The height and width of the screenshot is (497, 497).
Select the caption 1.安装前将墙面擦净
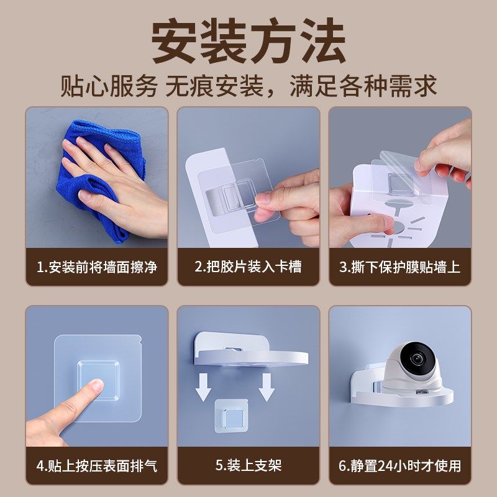tap(97, 267)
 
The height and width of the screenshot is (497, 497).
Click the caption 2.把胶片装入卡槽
tap(248, 267)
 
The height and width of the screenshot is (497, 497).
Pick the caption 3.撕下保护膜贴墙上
tap(399, 267)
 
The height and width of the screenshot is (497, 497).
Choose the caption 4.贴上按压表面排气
tap(97, 465)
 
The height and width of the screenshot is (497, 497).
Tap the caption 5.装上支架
tap(248, 465)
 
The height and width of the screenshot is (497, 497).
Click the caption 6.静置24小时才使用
tap(399, 465)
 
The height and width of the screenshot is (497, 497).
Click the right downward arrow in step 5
tap(267, 386)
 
